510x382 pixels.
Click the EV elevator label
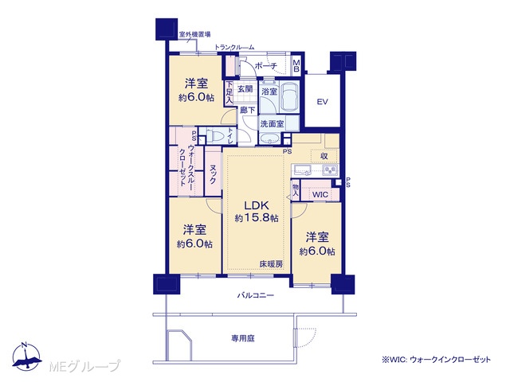pyautogui.click(x=322, y=102)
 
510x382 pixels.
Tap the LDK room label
pyautogui.click(x=257, y=205)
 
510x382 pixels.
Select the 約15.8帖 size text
pyautogui.click(x=257, y=218)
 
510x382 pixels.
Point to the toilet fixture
pyautogui.click(x=215, y=135)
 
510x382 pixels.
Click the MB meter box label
pyautogui.click(x=296, y=66)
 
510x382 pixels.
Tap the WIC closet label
pyautogui.click(x=320, y=195)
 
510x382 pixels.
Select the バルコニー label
pyautogui.click(x=255, y=295)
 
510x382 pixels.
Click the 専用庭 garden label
pyautogui.click(x=242, y=338)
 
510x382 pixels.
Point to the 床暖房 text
pyautogui.click(x=271, y=264)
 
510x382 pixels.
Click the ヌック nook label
pyautogui.click(x=213, y=174)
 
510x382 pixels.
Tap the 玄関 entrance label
pyautogui.click(x=245, y=88)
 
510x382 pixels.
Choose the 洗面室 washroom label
pyautogui.click(x=272, y=124)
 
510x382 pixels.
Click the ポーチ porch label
pyautogui.click(x=265, y=66)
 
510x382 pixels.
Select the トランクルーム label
pyautogui.click(x=234, y=48)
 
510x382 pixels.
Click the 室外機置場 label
pyautogui.click(x=194, y=34)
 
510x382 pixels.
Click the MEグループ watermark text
pyautogui.click(x=84, y=366)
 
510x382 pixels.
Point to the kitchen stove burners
pyautogui.click(x=330, y=170)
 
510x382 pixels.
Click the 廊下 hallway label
pyautogui.click(x=248, y=110)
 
